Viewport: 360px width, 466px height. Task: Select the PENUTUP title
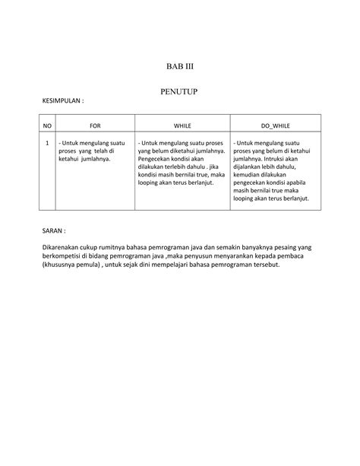point(179,91)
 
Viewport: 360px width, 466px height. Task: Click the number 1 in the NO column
point(47,142)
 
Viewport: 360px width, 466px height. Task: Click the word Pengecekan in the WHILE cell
point(155,159)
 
